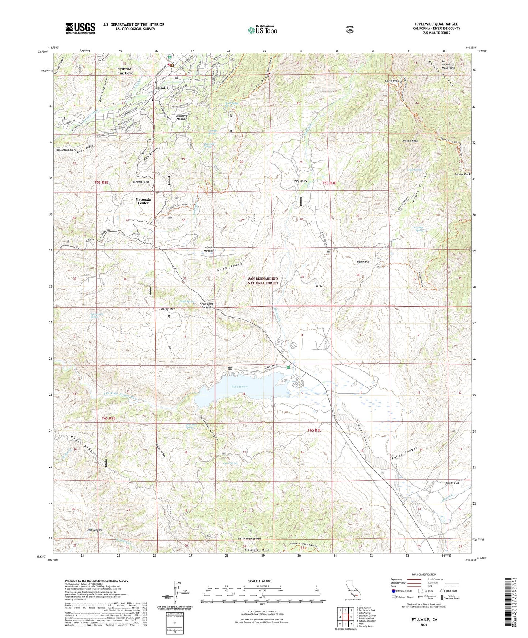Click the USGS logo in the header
click(x=80, y=28)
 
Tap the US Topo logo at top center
click(x=262, y=30)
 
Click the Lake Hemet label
click(x=239, y=387)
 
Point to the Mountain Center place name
click(x=143, y=201)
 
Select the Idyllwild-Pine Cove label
click(x=125, y=71)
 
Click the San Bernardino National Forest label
click(x=263, y=281)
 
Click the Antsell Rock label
click(x=410, y=141)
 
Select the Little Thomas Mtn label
click(x=249, y=539)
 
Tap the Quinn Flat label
click(x=452, y=483)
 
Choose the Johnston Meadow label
click(x=209, y=249)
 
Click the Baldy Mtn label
click(x=168, y=309)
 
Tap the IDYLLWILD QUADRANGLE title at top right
click(x=436, y=24)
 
